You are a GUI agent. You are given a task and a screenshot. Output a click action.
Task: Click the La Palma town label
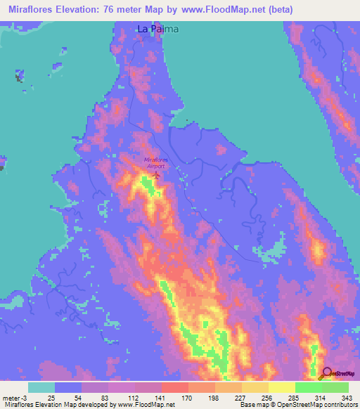coord(157,30)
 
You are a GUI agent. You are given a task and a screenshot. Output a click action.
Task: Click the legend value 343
coord(345,397)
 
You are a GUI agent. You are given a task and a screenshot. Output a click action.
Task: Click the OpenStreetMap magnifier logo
coord(327,373)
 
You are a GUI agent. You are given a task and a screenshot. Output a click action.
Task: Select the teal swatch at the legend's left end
coord(41,387)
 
